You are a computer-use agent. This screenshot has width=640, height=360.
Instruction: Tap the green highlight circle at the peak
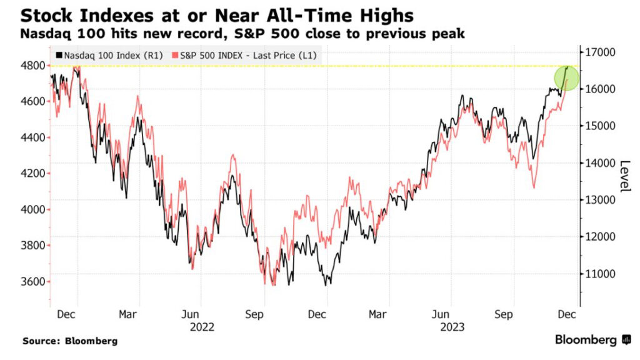[567, 77]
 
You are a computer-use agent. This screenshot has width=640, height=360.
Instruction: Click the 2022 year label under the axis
[203, 326]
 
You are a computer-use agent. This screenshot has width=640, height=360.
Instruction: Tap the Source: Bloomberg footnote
[70, 341]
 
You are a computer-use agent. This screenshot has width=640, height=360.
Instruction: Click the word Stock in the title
[47, 13]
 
